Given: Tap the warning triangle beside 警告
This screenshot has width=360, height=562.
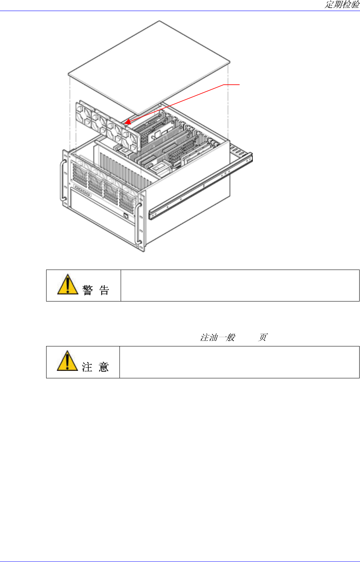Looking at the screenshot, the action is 67,284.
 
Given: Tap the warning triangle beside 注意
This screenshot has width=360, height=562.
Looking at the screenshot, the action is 67,361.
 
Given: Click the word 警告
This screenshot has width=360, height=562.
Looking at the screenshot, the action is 96,290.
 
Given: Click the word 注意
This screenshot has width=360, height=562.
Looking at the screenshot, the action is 95,367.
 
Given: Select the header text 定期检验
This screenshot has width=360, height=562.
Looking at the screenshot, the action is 342,5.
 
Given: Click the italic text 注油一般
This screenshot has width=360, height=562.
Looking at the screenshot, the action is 218,338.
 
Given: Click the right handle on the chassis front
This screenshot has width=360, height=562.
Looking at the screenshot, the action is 138,223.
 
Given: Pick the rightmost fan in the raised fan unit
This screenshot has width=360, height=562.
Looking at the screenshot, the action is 131,140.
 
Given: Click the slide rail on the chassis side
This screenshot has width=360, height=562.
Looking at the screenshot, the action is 201,185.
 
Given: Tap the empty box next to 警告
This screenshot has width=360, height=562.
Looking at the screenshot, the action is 240,285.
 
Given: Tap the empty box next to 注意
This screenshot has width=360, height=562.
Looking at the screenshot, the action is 240,362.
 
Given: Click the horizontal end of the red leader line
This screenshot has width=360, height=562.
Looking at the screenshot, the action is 233,84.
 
